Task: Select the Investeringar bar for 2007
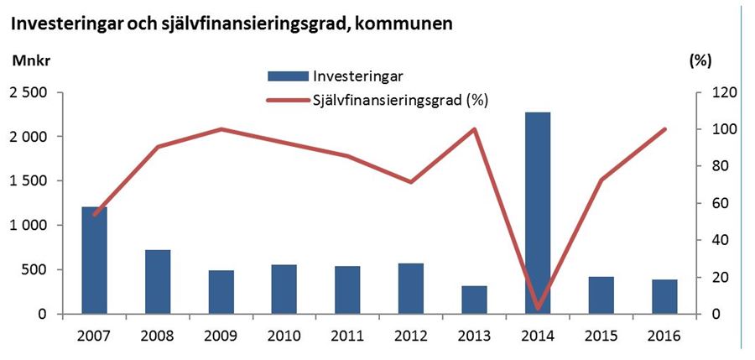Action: click(x=94, y=260)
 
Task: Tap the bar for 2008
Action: click(x=158, y=282)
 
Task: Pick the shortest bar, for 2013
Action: click(x=475, y=300)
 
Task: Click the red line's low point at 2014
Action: click(x=538, y=309)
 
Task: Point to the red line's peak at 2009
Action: click(x=221, y=129)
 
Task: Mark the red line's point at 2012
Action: click(x=411, y=182)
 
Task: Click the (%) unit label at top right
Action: click(x=700, y=60)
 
